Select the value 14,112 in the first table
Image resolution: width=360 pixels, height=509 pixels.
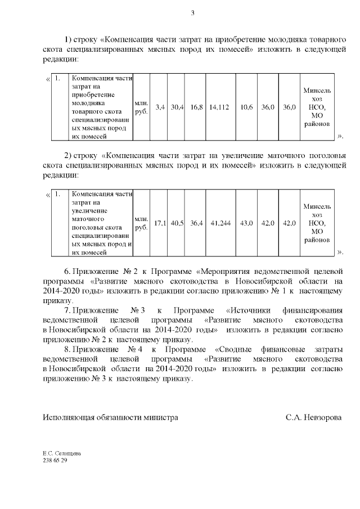tap(219, 107)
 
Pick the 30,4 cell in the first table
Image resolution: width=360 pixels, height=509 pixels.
tap(177, 107)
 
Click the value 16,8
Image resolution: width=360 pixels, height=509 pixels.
tap(196, 107)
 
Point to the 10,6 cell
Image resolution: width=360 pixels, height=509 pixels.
tap(246, 107)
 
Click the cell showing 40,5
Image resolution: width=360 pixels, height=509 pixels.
tap(177, 223)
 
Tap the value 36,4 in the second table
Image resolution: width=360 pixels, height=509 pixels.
tap(196, 223)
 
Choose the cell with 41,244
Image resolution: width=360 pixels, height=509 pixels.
tap(219, 223)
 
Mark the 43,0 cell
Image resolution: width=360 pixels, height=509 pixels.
tap(246, 223)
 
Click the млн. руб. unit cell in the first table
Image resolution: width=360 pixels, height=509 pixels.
tap(141, 107)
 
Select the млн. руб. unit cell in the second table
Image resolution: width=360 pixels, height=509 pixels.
tap(141, 223)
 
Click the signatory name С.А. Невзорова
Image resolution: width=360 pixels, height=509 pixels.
tap(313, 418)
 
